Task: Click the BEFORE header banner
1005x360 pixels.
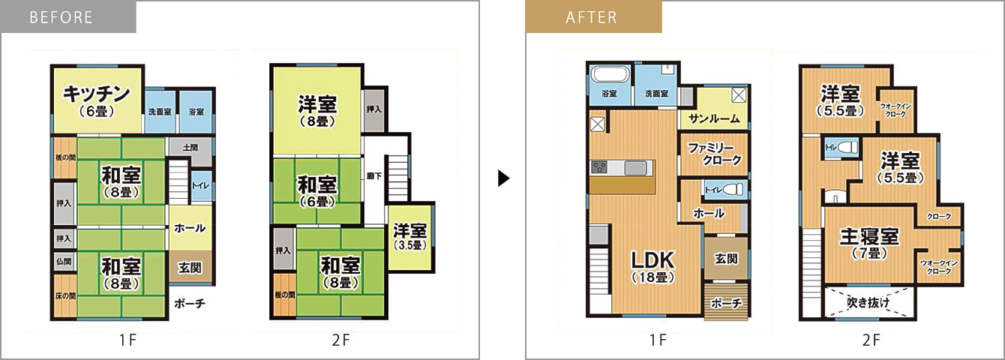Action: point(68,17)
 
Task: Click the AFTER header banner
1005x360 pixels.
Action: point(593,17)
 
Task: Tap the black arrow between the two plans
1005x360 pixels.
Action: point(504,178)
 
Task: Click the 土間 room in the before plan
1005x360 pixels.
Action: point(190,151)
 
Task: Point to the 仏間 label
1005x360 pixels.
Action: point(64,261)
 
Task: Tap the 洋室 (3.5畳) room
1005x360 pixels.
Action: point(410,237)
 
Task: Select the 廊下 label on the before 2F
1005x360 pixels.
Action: point(374,176)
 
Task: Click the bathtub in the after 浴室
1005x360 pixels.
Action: point(609,74)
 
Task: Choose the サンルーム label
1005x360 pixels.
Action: point(714,118)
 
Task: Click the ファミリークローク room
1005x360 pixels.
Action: point(714,154)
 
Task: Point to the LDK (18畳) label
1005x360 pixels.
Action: point(653,267)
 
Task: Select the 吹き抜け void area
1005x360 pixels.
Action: point(869,302)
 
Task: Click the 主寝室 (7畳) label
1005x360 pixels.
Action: point(869,244)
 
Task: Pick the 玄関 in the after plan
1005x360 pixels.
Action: point(726,259)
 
